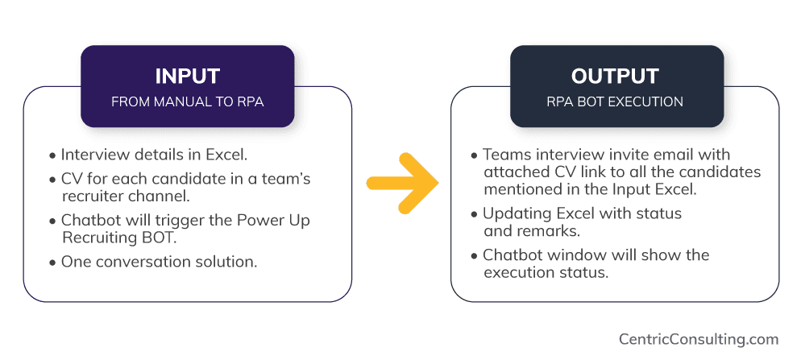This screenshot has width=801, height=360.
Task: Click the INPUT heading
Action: click(187, 77)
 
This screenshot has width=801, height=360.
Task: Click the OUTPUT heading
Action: click(615, 77)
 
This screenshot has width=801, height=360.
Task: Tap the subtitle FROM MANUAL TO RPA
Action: click(187, 102)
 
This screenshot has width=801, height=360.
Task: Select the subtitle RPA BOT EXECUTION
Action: click(615, 102)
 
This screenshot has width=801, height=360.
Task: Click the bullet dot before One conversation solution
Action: click(53, 263)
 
